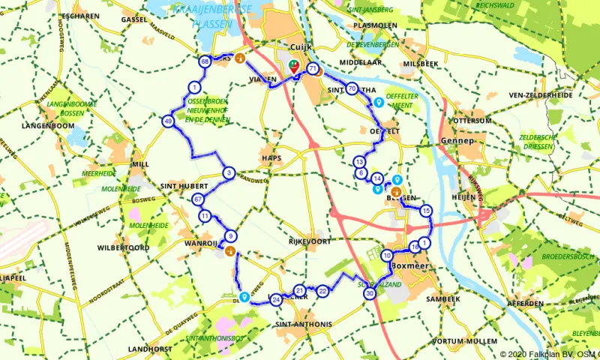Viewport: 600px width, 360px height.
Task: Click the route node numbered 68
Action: point(205,61)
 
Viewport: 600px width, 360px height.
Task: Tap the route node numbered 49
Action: point(168,121)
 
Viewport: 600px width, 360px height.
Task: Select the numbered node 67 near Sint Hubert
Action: point(198,199)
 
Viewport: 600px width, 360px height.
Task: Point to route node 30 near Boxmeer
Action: point(370,294)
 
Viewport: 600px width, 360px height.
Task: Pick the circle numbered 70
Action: point(352,88)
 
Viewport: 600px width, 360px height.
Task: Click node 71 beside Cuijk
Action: point(313,70)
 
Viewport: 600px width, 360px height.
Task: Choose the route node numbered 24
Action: point(277,300)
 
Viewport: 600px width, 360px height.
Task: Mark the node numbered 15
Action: point(427,211)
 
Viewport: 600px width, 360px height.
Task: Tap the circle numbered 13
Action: point(360,163)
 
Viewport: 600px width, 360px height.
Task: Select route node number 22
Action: point(322,290)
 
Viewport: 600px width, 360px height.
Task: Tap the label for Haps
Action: point(271,157)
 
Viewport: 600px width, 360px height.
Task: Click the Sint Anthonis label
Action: point(303,324)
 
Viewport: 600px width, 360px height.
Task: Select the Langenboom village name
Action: point(48,125)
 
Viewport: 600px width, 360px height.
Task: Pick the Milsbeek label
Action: point(420,64)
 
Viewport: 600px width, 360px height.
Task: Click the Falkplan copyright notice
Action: point(548,354)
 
